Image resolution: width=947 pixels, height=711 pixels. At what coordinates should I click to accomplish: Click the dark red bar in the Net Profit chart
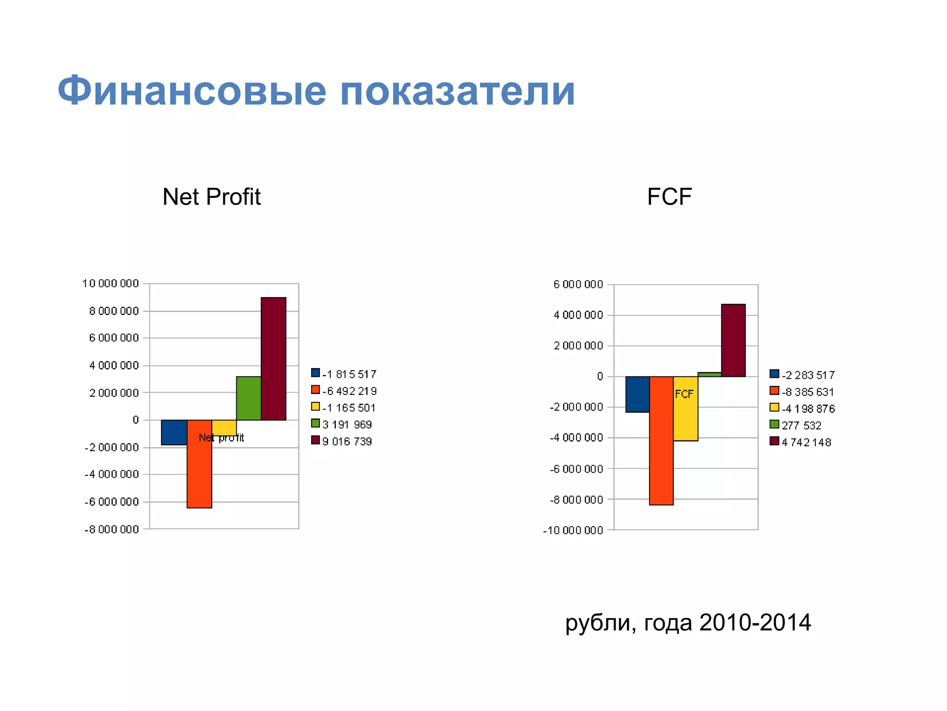pos(273,359)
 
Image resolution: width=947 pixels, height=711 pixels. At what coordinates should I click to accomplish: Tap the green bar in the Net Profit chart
pos(249,398)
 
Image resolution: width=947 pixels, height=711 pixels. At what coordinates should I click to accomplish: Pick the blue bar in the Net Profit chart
pos(174,432)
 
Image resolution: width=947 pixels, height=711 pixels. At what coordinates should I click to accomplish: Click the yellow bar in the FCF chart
pos(686,417)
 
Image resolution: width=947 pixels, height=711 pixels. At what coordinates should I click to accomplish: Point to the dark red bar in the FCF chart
pos(733,340)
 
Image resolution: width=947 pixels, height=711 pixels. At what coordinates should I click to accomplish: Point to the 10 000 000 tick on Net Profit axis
pos(111,283)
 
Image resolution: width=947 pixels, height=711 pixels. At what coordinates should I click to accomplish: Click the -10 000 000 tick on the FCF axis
pos(573,530)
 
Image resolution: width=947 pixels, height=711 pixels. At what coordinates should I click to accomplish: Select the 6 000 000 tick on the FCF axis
pos(578,284)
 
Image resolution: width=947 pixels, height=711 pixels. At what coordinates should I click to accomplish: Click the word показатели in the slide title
pos(457,91)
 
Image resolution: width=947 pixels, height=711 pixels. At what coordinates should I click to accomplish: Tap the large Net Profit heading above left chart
pos(212,197)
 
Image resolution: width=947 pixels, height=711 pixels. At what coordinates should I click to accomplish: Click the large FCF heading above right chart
pos(669,197)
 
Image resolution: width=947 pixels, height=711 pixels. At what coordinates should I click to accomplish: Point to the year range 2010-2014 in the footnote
pos(755,623)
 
